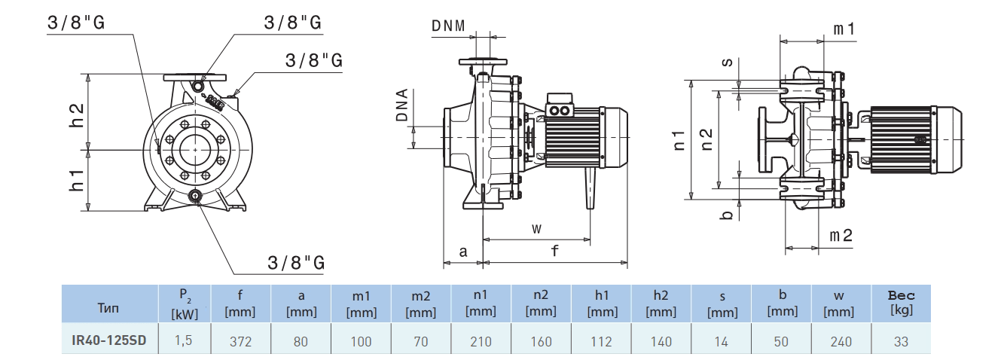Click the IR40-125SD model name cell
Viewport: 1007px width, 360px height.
tap(110, 341)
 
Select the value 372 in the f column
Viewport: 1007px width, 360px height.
tap(240, 341)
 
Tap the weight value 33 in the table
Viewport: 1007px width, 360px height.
tap(901, 341)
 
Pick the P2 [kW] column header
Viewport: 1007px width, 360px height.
tap(185, 305)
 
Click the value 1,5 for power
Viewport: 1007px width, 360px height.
tap(184, 341)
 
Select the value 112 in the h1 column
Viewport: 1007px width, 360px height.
tap(601, 341)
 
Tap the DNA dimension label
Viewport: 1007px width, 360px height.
tap(402, 105)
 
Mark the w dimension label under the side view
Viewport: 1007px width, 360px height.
tap(536, 227)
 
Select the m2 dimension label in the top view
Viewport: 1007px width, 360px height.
tap(841, 236)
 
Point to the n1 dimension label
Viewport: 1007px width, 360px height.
tap(679, 139)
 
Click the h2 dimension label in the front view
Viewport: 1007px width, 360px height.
tap(76, 113)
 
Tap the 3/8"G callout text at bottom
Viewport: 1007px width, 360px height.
tap(295, 263)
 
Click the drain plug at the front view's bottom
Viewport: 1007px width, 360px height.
tap(196, 197)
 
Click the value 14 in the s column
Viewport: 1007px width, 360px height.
tap(721, 341)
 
